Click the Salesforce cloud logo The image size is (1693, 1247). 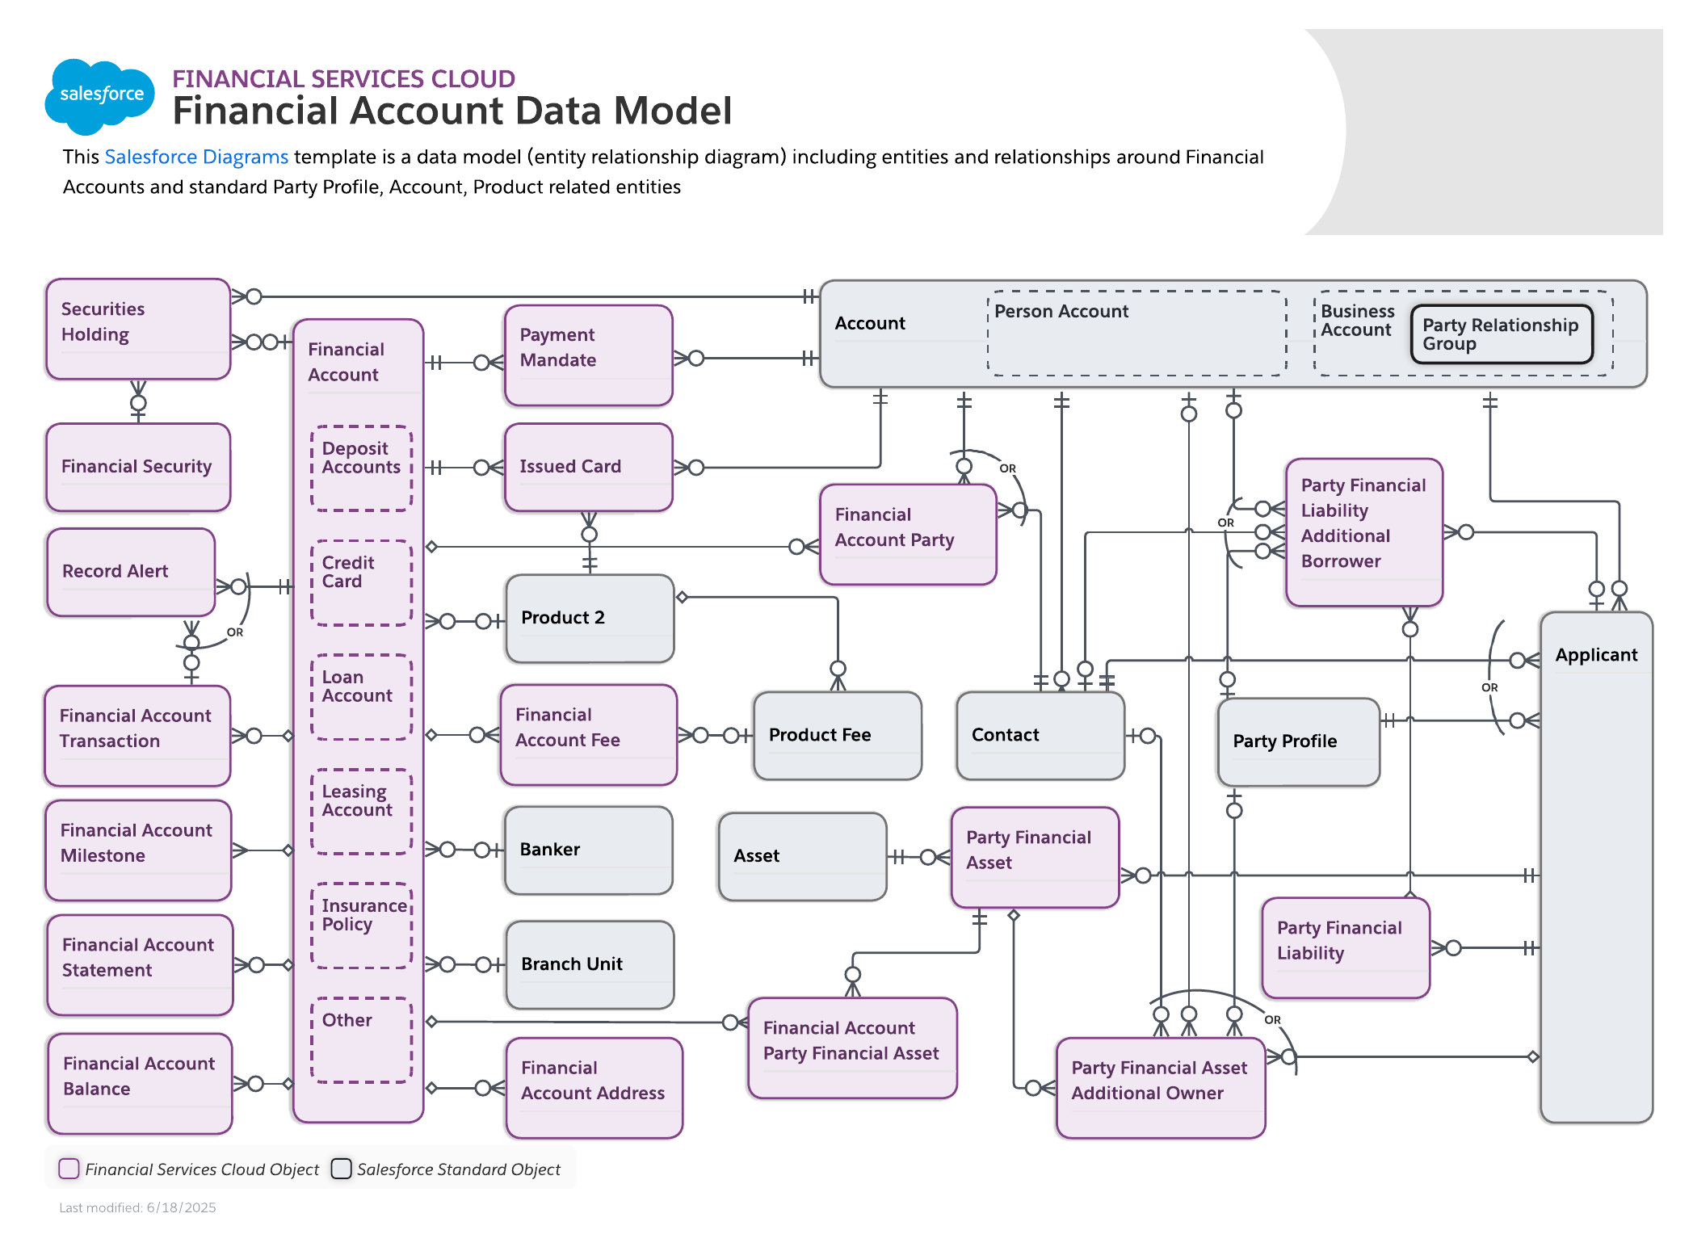coord(100,95)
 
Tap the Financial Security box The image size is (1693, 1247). coord(138,467)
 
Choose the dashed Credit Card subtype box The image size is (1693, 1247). coord(361,582)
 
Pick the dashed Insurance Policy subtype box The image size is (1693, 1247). coord(361,924)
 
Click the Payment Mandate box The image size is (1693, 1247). coord(588,355)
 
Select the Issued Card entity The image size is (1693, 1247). coord(588,467)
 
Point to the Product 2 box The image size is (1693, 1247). coord(590,618)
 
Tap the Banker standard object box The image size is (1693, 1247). coord(588,850)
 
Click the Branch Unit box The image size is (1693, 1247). coord(590,964)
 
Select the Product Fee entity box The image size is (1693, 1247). coord(837,735)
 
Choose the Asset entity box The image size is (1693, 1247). coord(802,856)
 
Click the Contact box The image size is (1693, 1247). coord(1040,735)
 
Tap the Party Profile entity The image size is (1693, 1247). coord(1298,741)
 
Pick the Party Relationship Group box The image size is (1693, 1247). coord(1502,334)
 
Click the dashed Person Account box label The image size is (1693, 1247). coord(1061,312)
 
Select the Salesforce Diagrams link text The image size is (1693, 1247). coord(196,157)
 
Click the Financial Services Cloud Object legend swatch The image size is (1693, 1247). coord(69,1169)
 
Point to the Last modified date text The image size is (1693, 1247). coord(137,1207)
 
